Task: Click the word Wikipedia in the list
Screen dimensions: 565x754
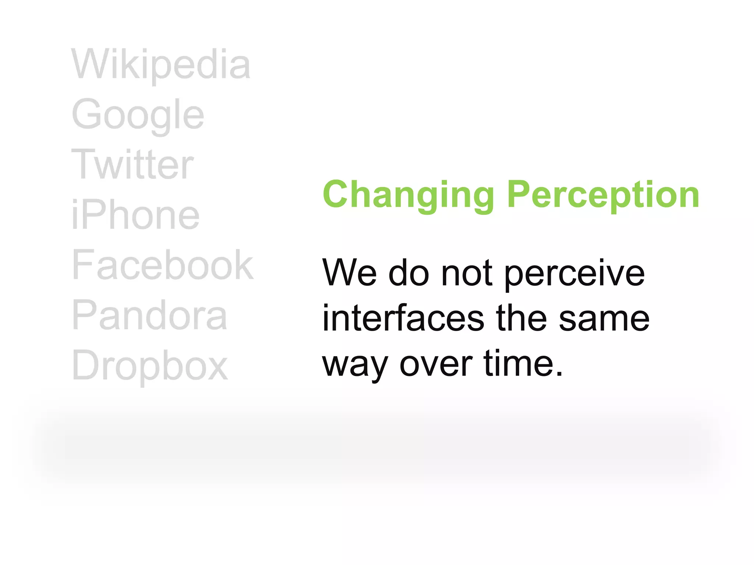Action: [x=161, y=65]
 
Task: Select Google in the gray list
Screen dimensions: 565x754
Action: [x=138, y=115]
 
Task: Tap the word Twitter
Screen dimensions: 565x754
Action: [x=133, y=165]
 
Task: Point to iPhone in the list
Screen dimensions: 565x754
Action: [x=135, y=215]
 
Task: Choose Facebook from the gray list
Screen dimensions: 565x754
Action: [x=163, y=265]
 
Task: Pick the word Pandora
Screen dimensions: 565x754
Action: [x=149, y=315]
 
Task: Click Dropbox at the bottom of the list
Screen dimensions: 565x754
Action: [x=150, y=365]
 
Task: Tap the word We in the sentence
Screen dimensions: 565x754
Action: [x=349, y=273]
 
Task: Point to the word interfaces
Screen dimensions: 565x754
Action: [x=403, y=319]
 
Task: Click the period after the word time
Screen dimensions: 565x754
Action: [x=559, y=374]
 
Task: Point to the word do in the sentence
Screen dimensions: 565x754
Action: [x=409, y=273]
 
